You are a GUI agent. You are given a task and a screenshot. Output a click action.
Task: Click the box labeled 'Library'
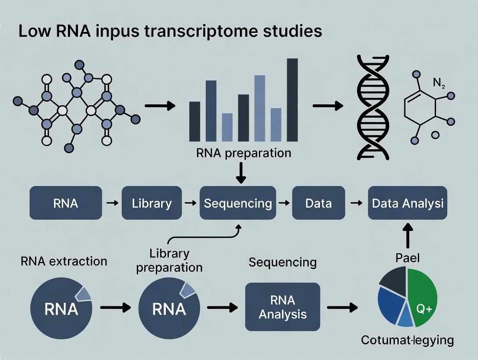(152, 203)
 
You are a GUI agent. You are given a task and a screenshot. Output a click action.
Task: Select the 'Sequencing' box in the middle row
(238, 203)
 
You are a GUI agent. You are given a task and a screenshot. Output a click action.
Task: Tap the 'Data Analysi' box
(407, 203)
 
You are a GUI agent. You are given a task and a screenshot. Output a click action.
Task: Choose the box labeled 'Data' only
(318, 203)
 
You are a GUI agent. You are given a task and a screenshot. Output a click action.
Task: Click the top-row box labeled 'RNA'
(66, 203)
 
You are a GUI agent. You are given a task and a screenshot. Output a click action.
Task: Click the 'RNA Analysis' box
(282, 307)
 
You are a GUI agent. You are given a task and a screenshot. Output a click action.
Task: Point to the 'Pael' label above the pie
(407, 258)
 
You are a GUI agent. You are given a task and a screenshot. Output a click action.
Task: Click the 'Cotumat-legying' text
(407, 340)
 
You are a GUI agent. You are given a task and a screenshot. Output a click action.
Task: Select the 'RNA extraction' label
(64, 261)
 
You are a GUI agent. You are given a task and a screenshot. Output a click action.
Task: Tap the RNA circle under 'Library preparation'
(169, 308)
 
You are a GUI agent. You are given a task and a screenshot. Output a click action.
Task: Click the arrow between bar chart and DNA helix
(327, 106)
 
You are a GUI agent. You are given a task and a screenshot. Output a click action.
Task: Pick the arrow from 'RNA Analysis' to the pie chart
(342, 308)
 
